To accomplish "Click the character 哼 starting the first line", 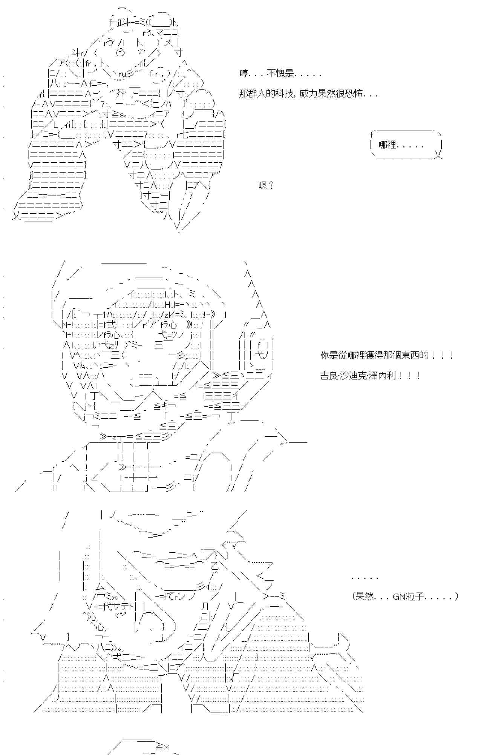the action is tap(243, 74).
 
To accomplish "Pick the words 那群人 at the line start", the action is tap(253, 94).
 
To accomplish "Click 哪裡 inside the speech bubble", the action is tap(388, 145).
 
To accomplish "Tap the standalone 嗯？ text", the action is tap(266, 185).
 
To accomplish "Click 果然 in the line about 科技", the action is tap(327, 94).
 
